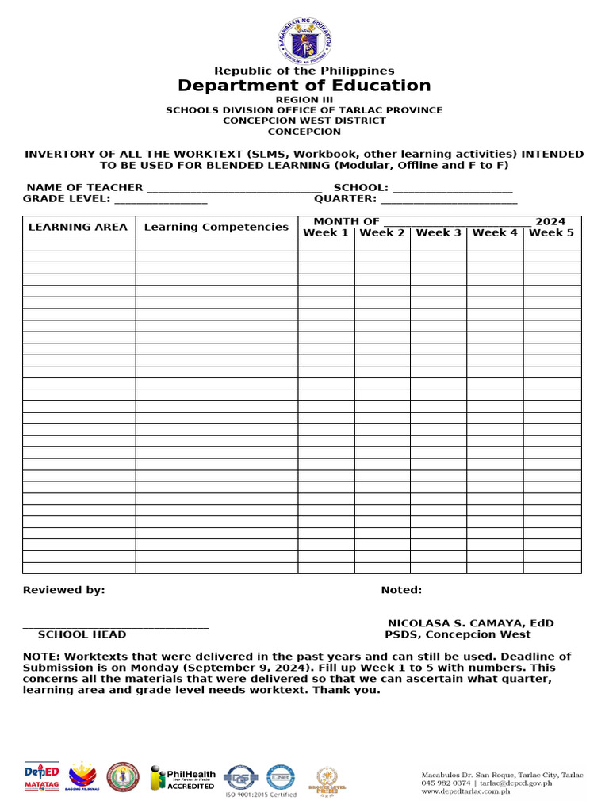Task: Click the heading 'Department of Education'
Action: point(304,86)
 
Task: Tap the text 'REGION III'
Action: point(304,99)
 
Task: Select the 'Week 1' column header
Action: point(326,232)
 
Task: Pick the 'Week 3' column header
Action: point(439,232)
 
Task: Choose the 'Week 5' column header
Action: point(552,232)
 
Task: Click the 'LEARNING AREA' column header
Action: point(78,227)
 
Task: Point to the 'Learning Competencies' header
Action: point(216,227)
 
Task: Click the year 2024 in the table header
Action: point(550,221)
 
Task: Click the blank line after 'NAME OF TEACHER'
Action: point(234,189)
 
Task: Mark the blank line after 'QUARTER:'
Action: point(449,200)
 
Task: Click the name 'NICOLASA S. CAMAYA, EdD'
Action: point(470,623)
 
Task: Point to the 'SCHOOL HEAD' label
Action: point(82,634)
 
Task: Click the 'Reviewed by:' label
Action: point(63,590)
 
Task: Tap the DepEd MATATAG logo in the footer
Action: point(41,776)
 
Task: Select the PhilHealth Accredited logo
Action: point(183,777)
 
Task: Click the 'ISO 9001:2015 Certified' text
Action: point(262,795)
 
